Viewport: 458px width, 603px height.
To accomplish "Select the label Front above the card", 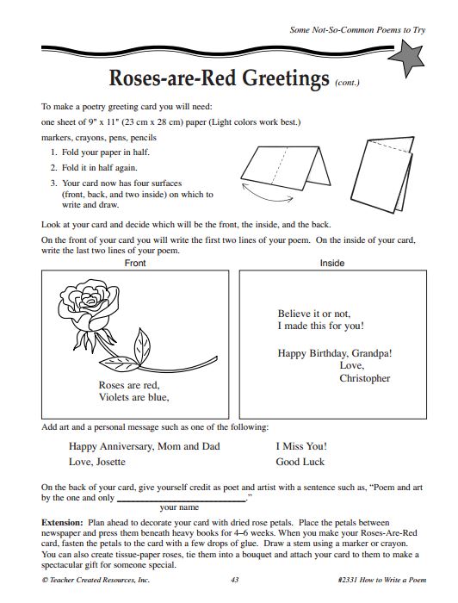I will tap(136, 262).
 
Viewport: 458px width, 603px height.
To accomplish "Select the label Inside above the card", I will tap(332, 262).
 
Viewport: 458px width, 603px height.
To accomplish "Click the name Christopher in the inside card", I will tap(364, 378).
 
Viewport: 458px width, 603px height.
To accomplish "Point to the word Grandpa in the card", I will tap(371, 352).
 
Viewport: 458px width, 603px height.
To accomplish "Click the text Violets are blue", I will tap(134, 398).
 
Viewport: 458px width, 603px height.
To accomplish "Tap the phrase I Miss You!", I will tap(301, 446).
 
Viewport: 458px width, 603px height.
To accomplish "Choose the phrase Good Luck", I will tap(300, 462).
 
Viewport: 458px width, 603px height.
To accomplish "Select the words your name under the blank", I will tap(179, 507).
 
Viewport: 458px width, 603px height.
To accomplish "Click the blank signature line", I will tap(181, 499).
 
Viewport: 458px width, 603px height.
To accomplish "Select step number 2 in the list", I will tap(53, 167).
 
